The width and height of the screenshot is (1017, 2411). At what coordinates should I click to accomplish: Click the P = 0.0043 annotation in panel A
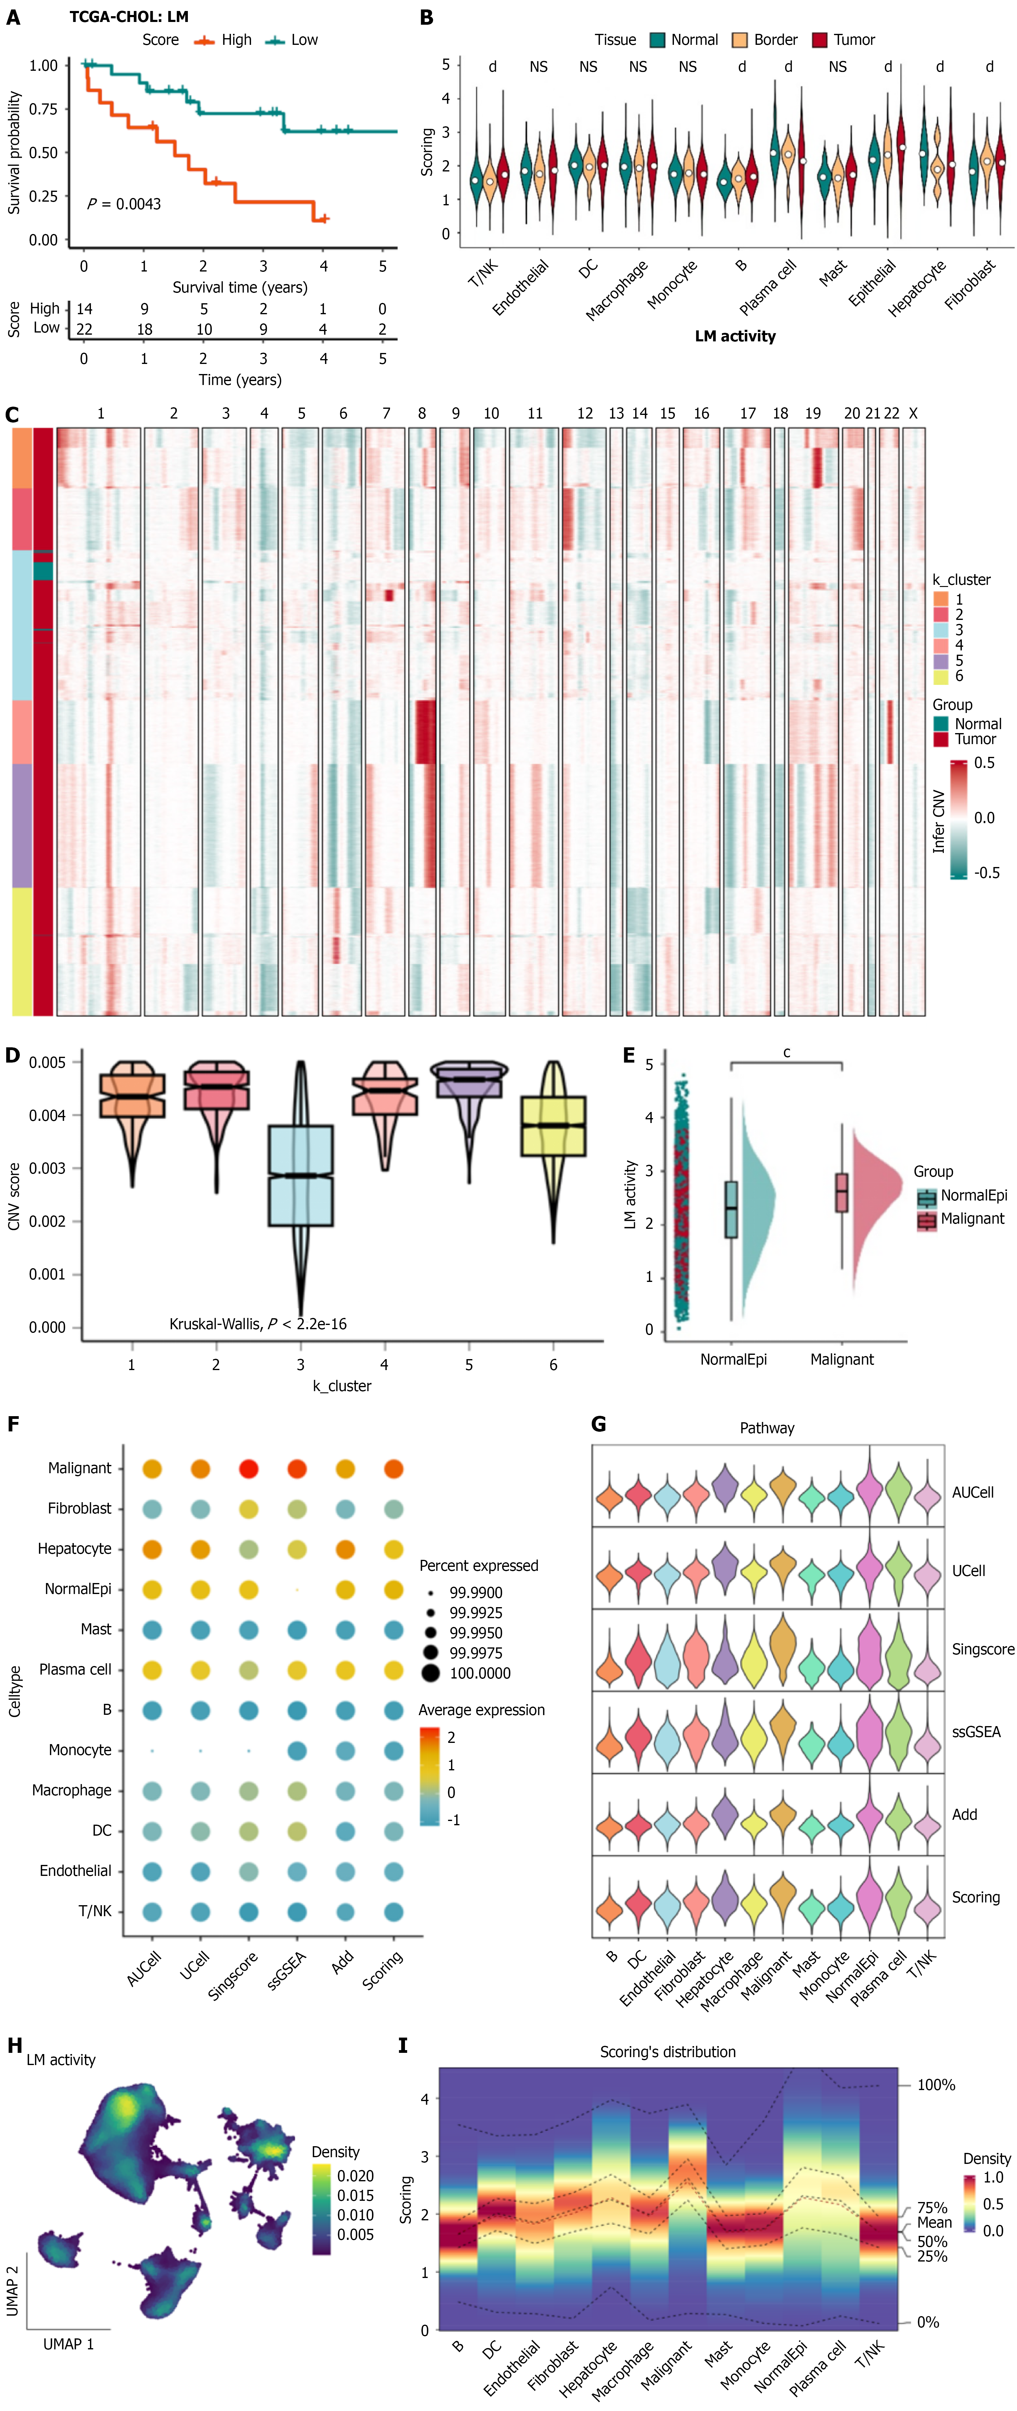[x=124, y=204]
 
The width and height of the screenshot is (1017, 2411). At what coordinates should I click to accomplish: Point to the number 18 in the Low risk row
[x=144, y=329]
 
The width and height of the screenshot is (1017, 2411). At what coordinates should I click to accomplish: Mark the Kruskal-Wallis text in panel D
[x=257, y=1323]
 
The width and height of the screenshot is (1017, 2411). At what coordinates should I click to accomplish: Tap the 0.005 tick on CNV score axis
[x=47, y=1062]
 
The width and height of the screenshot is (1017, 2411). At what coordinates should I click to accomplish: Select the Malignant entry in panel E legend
[x=972, y=1218]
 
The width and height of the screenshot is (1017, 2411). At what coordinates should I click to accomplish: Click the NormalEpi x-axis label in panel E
[x=733, y=1359]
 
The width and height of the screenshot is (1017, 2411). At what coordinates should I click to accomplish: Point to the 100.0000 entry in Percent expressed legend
[x=480, y=1672]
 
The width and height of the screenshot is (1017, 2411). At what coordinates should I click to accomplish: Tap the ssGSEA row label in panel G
[x=976, y=1732]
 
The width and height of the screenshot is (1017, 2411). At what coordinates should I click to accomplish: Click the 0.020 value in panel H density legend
[x=356, y=2176]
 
